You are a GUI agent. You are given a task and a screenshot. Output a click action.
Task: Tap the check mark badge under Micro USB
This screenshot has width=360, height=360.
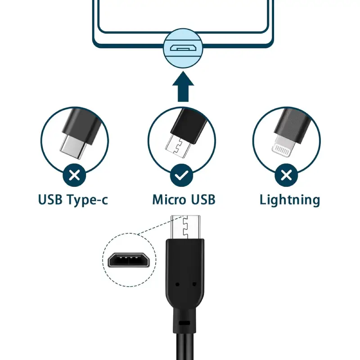[182, 175]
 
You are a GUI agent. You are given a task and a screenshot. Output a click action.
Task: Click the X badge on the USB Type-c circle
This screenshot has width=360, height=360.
[75, 175]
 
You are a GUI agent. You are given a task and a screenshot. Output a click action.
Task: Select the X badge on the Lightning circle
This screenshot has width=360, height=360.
[286, 175]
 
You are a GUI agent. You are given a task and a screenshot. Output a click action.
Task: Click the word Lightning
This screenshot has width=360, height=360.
[289, 200]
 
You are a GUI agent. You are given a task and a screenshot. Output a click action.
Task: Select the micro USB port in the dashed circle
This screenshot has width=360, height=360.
[129, 260]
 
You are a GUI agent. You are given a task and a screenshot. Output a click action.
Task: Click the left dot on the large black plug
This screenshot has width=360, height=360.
[177, 284]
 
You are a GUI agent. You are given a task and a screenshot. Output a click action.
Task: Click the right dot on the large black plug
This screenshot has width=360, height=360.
[194, 284]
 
